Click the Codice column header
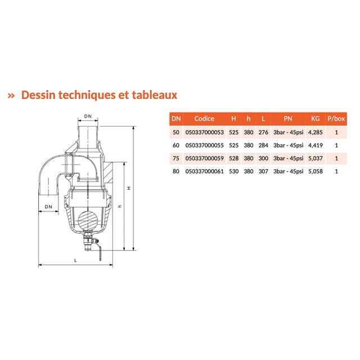[x=204, y=119]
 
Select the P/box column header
[x=336, y=119]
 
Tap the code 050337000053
[x=204, y=132]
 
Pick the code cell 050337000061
[x=204, y=171]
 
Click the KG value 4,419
[x=315, y=145]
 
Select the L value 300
[x=263, y=158]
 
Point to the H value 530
[x=234, y=171]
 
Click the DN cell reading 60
[x=176, y=145]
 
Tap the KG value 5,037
[x=315, y=159]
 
